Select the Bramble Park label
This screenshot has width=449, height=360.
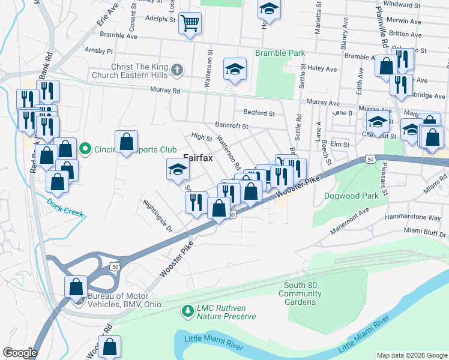(280, 53)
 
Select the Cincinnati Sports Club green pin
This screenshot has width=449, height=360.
(85, 148)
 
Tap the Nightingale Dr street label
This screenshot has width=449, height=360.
(158, 216)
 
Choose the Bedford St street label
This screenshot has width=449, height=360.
(259, 113)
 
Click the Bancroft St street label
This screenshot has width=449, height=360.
(232, 126)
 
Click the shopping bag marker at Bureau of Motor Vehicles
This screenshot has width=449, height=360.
(77, 286)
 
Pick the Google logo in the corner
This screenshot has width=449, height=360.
(20, 353)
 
